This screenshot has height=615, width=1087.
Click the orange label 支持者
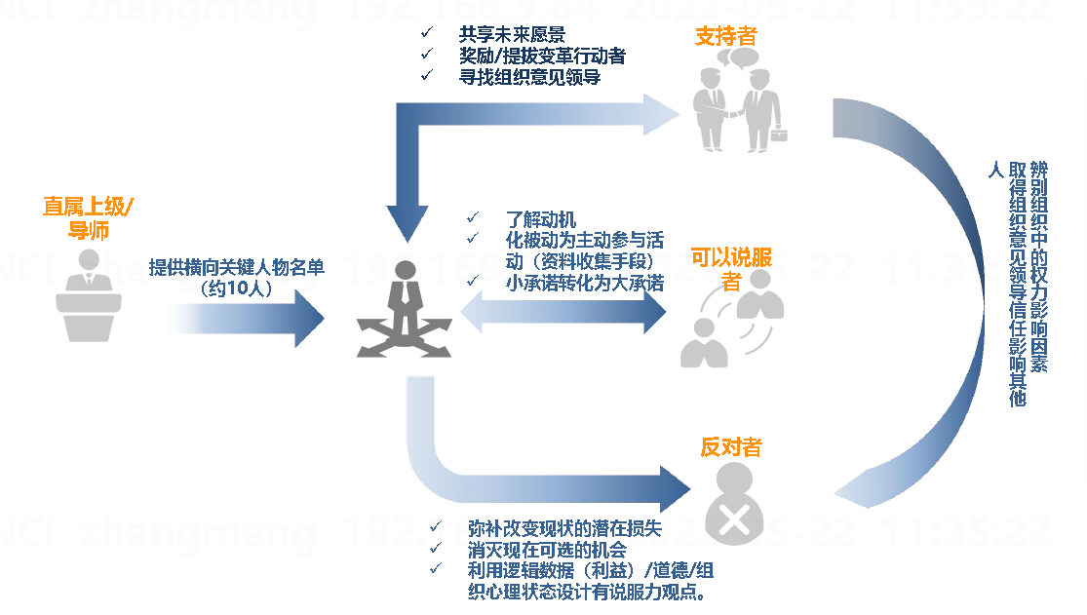[726, 37]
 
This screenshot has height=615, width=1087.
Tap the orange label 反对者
[731, 447]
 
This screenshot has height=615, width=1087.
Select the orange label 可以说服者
[731, 269]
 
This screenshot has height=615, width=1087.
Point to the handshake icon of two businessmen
[739, 102]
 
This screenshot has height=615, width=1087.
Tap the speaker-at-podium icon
[89, 291]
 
